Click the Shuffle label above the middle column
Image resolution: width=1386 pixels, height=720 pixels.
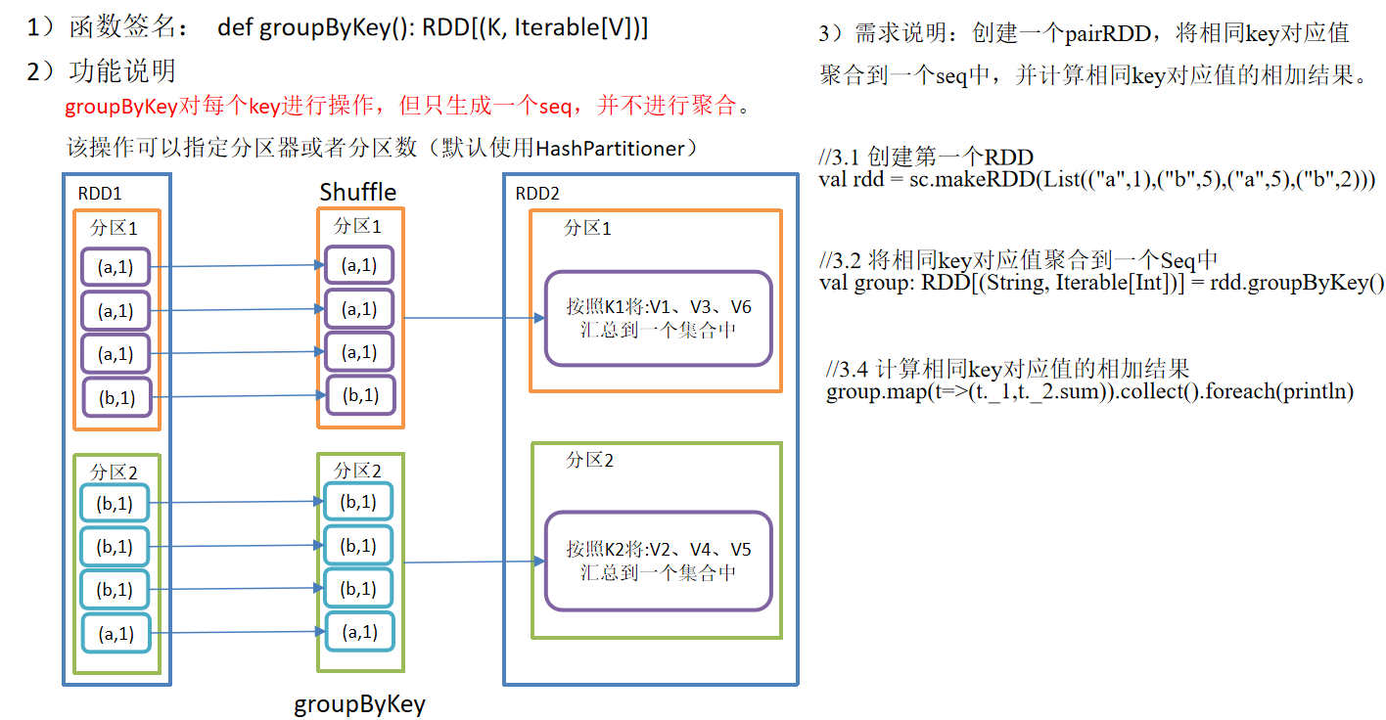358,192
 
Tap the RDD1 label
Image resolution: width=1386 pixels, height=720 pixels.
100,193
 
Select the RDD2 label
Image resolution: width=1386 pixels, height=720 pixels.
538,193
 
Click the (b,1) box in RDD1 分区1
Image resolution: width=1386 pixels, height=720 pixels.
116,396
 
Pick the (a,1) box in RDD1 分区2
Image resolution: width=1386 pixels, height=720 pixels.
116,633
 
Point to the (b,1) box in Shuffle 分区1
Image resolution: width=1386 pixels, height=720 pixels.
358,396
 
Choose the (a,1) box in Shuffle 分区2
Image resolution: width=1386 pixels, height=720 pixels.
358,632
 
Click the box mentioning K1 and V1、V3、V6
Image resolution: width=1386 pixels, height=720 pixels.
659,319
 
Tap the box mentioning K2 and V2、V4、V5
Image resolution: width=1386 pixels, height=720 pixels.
659,561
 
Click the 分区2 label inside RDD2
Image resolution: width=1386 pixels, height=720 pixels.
589,460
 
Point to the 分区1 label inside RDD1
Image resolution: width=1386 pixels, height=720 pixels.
115,229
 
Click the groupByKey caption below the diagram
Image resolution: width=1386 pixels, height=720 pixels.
360,703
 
